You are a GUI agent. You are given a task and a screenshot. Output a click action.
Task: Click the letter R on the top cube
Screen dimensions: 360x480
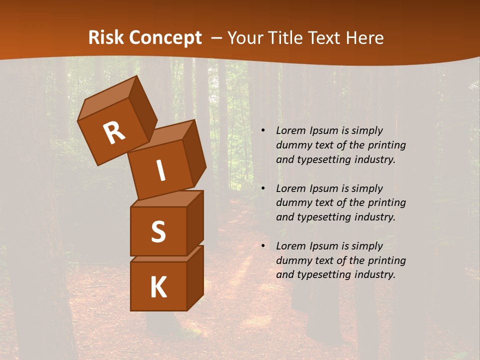(x=114, y=133)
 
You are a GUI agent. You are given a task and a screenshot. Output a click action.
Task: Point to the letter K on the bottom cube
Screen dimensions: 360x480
(x=158, y=287)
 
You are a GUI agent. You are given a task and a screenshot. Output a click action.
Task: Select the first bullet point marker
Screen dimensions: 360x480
(x=263, y=131)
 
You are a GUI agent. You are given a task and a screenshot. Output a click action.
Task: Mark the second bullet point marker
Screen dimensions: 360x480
(x=263, y=189)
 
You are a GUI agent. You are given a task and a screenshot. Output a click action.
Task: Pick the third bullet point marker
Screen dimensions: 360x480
(x=263, y=246)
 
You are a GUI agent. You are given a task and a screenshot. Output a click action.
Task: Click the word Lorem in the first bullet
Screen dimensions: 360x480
(x=290, y=130)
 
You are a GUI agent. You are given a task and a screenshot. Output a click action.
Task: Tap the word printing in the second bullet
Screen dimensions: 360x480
(x=386, y=203)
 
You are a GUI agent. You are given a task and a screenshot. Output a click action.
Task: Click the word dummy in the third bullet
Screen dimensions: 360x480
(x=293, y=260)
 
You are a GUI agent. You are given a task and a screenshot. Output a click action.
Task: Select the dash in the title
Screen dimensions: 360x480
(x=217, y=38)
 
